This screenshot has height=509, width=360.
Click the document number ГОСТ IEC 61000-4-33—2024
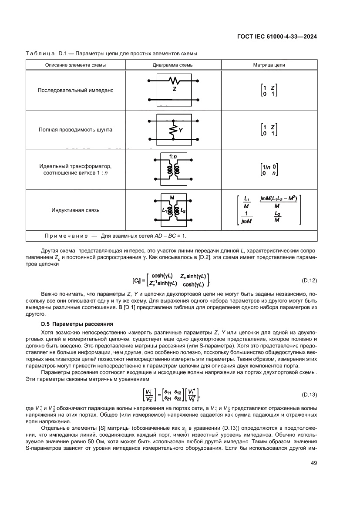276,37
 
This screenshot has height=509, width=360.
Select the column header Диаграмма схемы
173,65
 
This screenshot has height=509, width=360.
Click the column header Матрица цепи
269,65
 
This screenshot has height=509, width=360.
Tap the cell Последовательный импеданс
75,91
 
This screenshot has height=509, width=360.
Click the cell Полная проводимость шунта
75,130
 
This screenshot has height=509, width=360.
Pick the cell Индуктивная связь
75,210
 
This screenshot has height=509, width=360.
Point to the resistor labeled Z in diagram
174,81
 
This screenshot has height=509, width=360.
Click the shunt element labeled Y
174,130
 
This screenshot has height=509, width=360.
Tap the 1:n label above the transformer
173,155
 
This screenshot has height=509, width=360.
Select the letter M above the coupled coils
172,197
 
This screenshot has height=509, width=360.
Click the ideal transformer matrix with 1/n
269,169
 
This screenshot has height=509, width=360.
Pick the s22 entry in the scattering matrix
178,398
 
